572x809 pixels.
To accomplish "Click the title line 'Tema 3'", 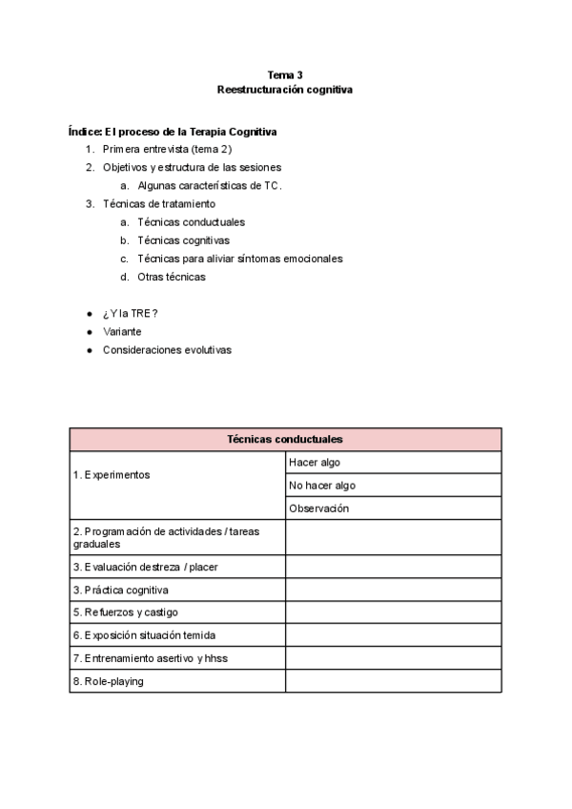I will [x=285, y=74].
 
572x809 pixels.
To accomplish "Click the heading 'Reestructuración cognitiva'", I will [x=285, y=89].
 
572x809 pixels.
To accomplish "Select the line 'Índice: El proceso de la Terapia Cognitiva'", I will [x=173, y=131].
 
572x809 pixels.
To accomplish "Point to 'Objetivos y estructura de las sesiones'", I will [x=192, y=167].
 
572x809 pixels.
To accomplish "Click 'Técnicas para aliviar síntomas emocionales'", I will [x=240, y=259].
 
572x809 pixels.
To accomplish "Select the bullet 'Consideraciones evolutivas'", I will [x=167, y=349].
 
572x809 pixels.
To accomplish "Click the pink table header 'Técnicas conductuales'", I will [x=285, y=439].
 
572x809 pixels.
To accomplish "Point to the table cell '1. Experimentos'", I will [x=112, y=474].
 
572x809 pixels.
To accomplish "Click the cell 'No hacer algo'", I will [x=322, y=486].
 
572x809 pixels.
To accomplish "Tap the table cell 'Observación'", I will [x=319, y=508].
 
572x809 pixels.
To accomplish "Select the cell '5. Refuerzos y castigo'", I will [x=125, y=612].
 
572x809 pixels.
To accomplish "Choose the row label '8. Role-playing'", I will [x=109, y=681].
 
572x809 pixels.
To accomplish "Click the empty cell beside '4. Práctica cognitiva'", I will [x=393, y=590].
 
